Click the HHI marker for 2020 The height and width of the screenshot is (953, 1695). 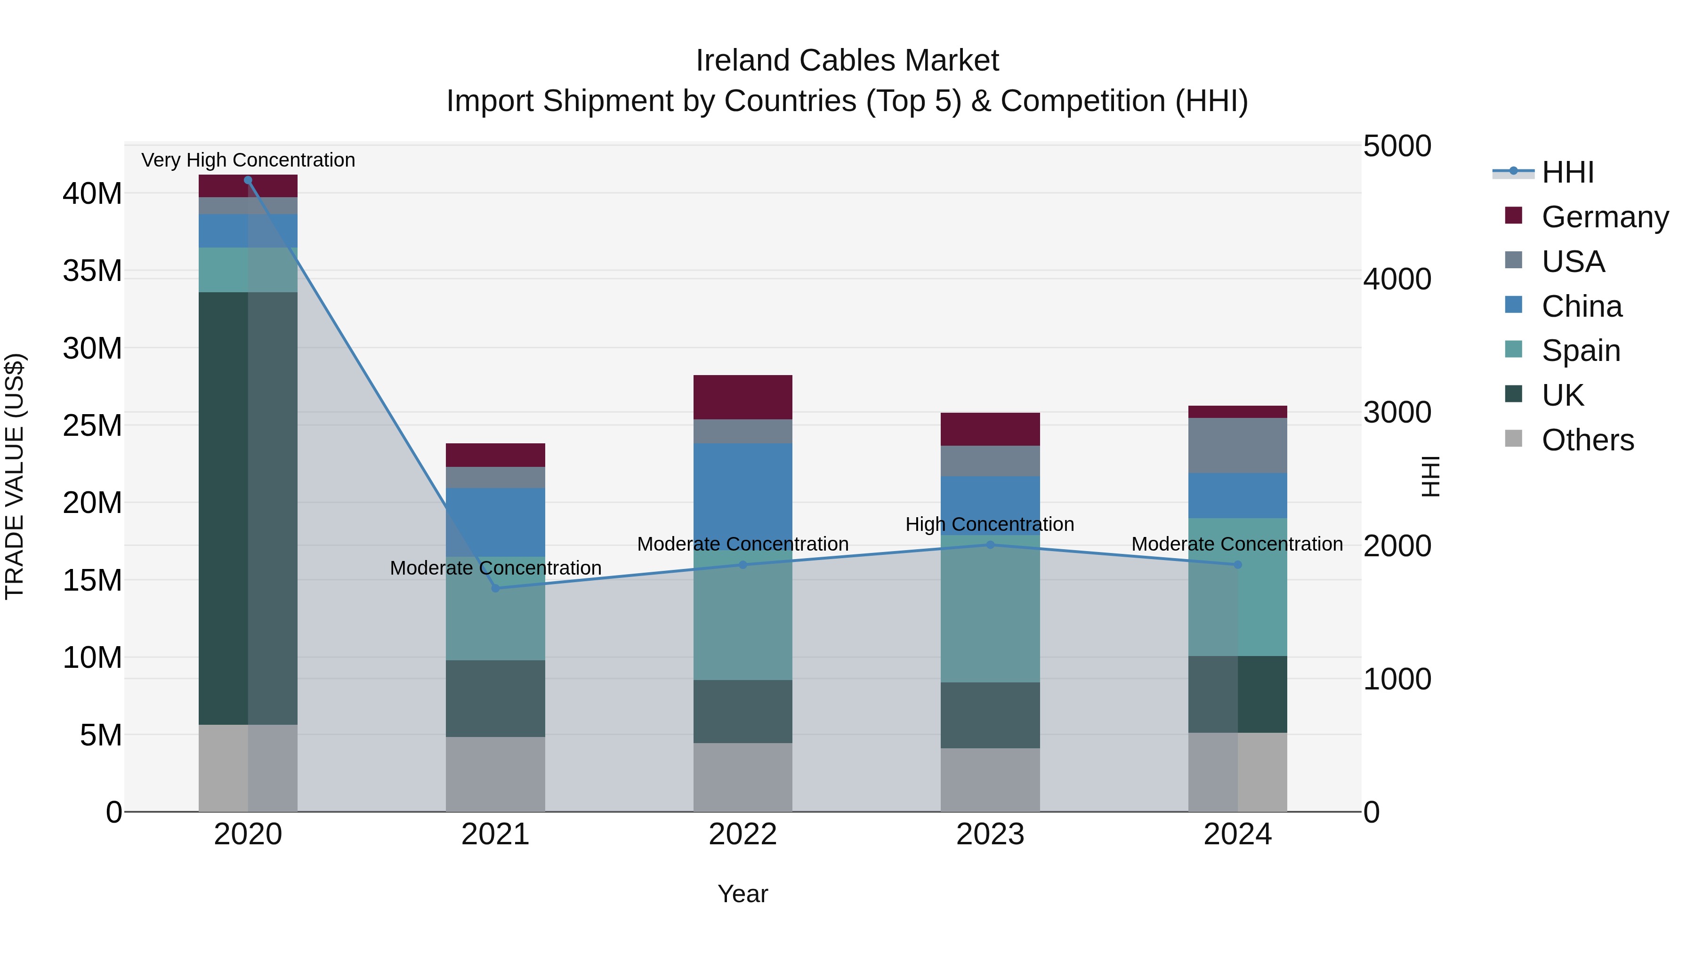[x=248, y=180]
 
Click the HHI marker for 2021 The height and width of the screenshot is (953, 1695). [x=495, y=588]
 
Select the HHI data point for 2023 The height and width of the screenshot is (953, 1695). [x=990, y=545]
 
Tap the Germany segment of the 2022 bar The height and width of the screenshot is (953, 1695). [x=743, y=397]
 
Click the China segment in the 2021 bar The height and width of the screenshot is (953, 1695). [x=495, y=522]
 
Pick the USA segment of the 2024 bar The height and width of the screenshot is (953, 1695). [x=1238, y=445]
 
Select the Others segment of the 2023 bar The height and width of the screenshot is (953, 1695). [x=990, y=779]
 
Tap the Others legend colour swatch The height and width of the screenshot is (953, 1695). [x=1513, y=439]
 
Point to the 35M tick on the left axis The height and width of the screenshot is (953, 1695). [x=92, y=271]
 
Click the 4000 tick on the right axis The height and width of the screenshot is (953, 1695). [x=1397, y=279]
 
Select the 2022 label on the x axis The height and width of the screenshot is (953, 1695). [x=743, y=834]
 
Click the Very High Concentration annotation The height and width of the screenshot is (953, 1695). [x=248, y=160]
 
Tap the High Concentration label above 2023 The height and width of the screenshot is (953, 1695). [x=990, y=524]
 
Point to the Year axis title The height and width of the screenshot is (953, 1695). [x=743, y=894]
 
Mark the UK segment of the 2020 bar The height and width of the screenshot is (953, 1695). [x=248, y=508]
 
